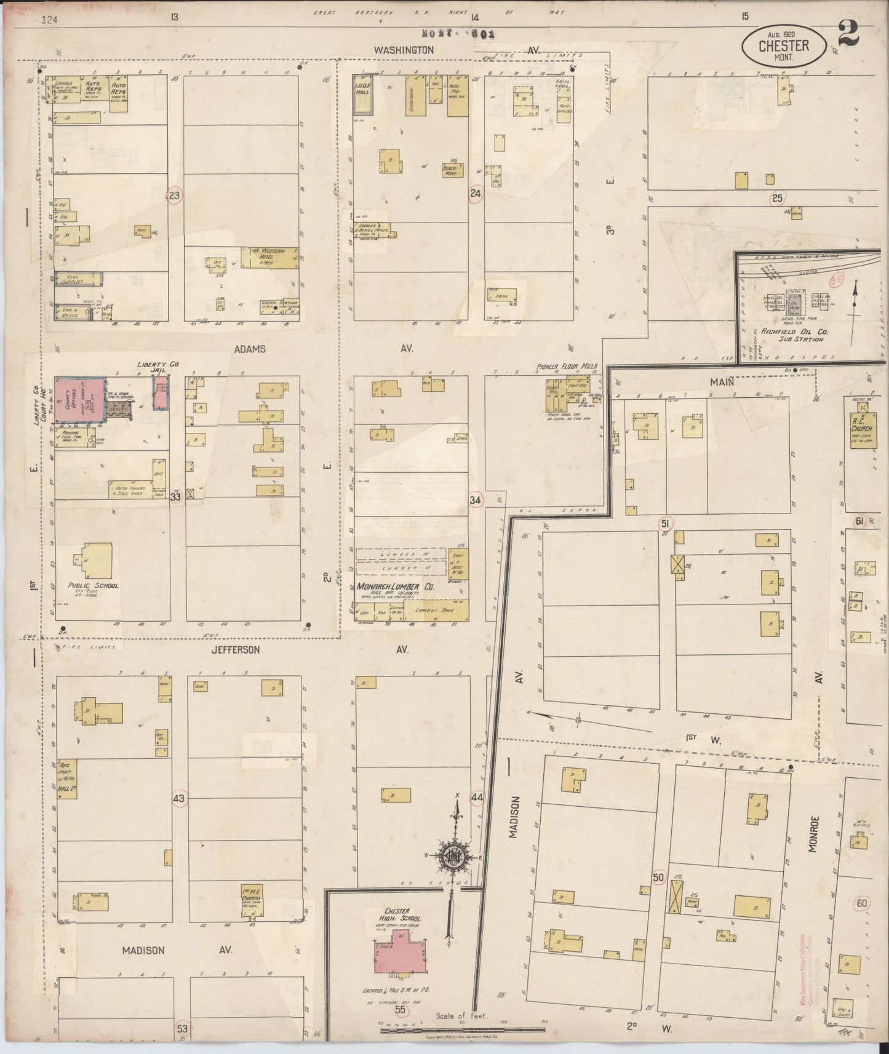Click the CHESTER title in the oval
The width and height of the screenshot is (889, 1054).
point(783,46)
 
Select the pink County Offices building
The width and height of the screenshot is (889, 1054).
point(79,400)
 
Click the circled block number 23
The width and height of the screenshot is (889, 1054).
point(175,196)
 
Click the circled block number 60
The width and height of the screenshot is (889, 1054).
point(862,903)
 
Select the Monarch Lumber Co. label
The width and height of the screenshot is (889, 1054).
point(395,587)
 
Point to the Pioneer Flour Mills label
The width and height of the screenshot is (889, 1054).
point(566,367)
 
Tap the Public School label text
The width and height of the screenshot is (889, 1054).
point(93,586)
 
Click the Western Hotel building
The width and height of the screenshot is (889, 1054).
point(270,257)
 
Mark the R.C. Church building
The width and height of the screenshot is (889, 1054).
point(863,427)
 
